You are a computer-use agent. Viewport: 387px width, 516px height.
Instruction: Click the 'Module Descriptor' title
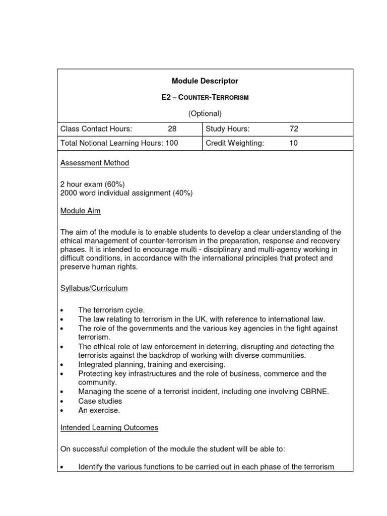click(x=205, y=81)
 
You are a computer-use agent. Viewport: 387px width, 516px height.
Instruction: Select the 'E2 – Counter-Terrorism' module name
click(x=205, y=97)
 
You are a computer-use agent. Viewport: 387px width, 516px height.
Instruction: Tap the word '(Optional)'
click(x=205, y=113)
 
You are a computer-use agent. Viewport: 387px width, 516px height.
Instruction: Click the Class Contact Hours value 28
click(x=172, y=129)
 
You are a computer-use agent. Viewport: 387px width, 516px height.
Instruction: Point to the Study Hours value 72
click(x=294, y=129)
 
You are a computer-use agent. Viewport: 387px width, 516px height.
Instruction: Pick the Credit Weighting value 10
click(x=293, y=143)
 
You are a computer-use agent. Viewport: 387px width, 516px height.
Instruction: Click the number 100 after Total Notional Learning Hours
click(x=172, y=143)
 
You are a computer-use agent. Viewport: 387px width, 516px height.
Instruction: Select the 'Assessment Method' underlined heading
click(x=95, y=163)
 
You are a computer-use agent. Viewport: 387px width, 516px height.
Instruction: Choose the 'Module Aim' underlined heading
click(x=81, y=211)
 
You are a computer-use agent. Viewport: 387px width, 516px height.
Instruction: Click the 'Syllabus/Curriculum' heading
click(x=94, y=288)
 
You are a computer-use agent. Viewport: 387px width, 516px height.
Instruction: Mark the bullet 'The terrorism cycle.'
click(x=111, y=310)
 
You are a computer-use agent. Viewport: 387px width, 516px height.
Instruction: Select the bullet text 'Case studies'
click(x=100, y=401)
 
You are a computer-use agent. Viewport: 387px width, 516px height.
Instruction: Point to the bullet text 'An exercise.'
click(x=99, y=410)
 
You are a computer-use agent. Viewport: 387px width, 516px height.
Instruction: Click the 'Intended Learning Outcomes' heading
click(x=109, y=427)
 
